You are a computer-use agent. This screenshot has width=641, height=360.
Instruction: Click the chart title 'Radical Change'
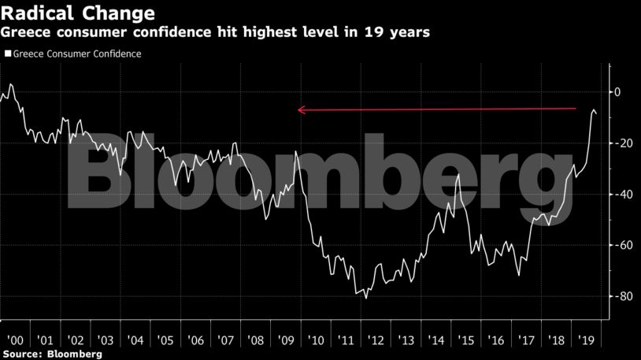pos(77,13)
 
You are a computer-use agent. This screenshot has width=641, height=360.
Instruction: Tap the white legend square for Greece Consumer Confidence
pos(8,54)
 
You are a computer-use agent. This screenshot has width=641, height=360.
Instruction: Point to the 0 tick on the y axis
pos(617,92)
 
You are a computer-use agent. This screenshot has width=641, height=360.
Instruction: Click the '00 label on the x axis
pos(14,341)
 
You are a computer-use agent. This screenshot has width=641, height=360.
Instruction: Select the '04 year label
pos(135,341)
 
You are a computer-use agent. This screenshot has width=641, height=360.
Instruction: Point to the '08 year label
pos(256,341)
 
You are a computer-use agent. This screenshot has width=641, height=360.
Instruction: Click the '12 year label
pos(377,341)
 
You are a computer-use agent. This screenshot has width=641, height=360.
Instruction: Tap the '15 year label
pos(468,341)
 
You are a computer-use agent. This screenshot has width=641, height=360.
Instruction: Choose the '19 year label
pos(588,341)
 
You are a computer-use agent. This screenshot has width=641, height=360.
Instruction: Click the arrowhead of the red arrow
pos(301,110)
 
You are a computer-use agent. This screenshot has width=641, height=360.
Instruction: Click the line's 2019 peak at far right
pos(594,109)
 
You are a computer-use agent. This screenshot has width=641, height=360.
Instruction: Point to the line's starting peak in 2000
pos(10,84)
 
